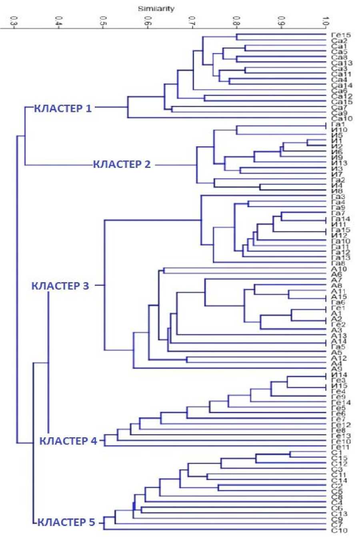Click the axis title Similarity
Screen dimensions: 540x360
[x=156, y=8]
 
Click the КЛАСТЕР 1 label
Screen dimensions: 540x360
[x=62, y=108]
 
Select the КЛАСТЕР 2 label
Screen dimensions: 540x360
[x=122, y=164]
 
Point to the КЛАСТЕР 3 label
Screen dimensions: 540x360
[x=60, y=286]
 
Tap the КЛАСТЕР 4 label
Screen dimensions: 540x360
[x=68, y=441]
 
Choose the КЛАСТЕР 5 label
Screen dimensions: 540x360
[x=66, y=522]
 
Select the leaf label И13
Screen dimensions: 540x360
[x=339, y=163]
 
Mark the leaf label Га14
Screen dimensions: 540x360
[x=340, y=219]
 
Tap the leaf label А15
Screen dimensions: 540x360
[x=339, y=297]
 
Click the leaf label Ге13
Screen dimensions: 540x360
[x=341, y=436]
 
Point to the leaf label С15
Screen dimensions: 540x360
[x=339, y=458]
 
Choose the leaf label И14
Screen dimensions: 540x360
[x=339, y=375]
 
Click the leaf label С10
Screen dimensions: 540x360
[x=339, y=530]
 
